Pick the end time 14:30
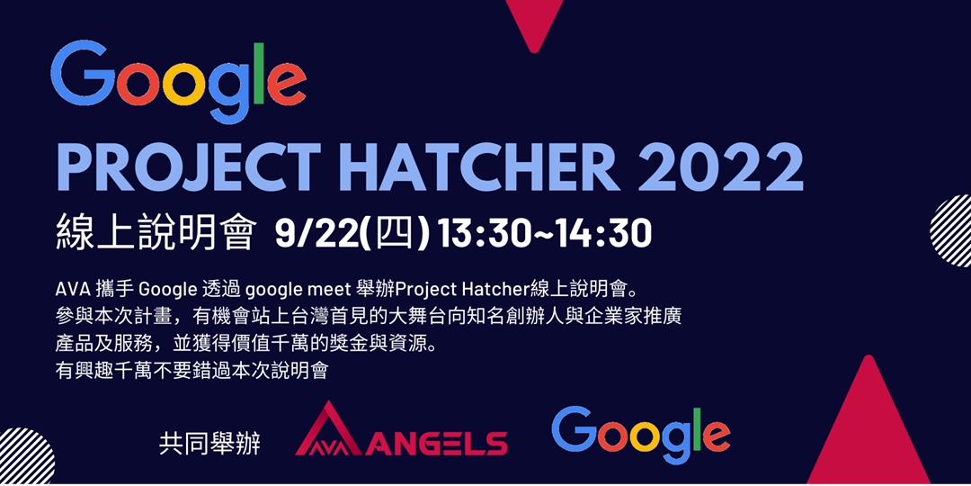click(x=601, y=234)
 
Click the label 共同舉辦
click(x=209, y=444)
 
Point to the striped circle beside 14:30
click(x=953, y=231)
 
